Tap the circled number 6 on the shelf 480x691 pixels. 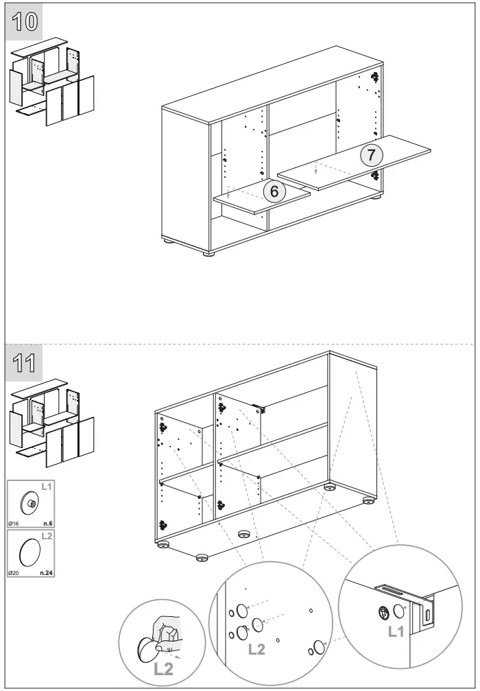tap(274, 191)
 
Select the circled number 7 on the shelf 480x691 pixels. tap(371, 154)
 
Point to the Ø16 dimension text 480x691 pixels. tap(14, 524)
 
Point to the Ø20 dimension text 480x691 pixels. tap(14, 572)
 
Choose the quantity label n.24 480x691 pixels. tap(46, 572)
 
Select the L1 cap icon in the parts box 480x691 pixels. tap(31, 503)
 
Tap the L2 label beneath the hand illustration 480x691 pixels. tap(163, 669)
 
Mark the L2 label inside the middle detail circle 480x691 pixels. tap(256, 649)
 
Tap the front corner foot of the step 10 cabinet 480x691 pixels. tap(208, 253)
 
